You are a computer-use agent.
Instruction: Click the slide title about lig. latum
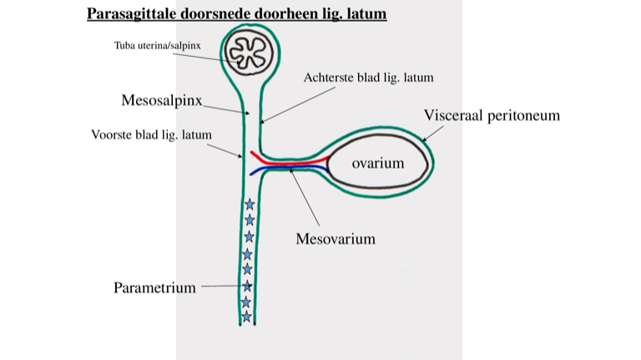(236, 14)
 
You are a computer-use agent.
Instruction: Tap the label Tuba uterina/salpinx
(157, 44)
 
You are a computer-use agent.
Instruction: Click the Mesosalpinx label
(162, 100)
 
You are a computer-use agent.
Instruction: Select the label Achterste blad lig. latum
(368, 78)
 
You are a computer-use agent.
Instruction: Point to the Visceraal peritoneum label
(491, 115)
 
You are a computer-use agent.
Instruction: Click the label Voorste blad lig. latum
(151, 134)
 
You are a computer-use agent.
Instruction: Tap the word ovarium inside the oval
(377, 163)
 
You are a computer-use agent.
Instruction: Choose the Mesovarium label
(335, 239)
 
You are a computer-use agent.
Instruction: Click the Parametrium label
(154, 288)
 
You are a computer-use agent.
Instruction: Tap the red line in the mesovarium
(284, 158)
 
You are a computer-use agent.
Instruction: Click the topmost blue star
(249, 204)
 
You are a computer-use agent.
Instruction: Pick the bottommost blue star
(246, 317)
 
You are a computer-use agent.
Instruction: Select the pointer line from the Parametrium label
(221, 286)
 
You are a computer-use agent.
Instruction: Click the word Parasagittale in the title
(126, 14)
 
